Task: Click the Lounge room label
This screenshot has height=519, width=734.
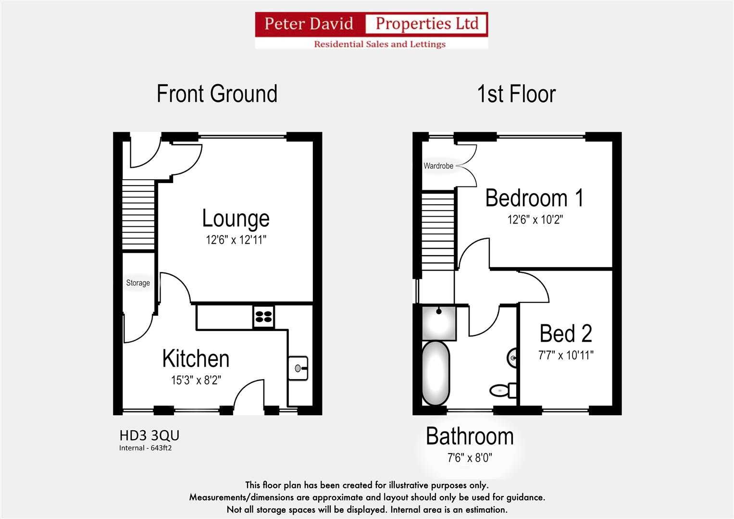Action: tap(236, 218)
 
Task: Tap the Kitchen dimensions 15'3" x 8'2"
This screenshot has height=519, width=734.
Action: tap(196, 380)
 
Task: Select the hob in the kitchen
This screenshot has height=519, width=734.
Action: tap(264, 317)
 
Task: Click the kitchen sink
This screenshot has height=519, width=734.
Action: tap(298, 368)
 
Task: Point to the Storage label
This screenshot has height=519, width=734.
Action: tap(138, 283)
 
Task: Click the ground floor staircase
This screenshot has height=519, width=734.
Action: tap(138, 215)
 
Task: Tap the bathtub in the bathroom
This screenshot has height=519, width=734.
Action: tap(435, 373)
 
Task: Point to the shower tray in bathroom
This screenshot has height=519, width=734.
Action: tap(439, 323)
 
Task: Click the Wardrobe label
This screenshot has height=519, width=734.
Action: tap(438, 166)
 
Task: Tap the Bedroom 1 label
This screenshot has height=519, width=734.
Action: tap(535, 198)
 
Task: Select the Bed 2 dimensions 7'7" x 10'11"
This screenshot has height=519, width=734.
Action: tap(566, 355)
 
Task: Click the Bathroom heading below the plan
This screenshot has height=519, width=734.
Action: tap(470, 436)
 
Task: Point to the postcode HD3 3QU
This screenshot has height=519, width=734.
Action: tap(149, 435)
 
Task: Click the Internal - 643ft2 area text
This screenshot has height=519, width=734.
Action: tap(146, 448)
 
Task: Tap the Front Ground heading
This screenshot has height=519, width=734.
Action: tap(217, 94)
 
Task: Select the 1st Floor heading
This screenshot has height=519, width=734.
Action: tap(516, 94)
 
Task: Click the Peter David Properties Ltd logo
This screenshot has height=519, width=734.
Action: tap(372, 30)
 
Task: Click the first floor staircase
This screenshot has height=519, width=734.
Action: tap(438, 231)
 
